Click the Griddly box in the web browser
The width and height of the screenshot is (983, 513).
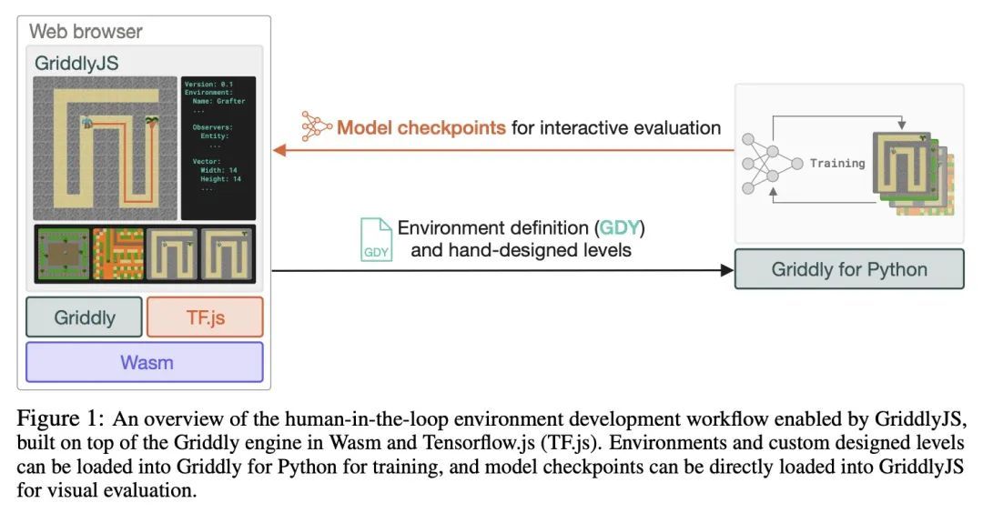tap(84, 317)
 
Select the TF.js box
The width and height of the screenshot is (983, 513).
tap(205, 317)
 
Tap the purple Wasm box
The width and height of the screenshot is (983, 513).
tap(145, 362)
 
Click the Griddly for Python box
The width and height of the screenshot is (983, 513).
tap(848, 269)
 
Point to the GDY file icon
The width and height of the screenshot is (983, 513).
tap(376, 239)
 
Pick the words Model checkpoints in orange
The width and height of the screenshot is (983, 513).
tap(421, 128)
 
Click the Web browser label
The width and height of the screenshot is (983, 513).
tap(86, 31)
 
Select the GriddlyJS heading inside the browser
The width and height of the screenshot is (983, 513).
tap(76, 63)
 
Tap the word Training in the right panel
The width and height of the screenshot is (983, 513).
tap(836, 163)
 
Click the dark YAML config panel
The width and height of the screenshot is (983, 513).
tap(218, 147)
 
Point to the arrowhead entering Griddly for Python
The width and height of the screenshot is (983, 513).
tap(726, 270)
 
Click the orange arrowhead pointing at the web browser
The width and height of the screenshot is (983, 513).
tap(279, 151)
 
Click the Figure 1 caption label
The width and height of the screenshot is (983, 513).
tap(56, 419)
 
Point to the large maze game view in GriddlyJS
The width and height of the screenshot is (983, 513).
tap(105, 147)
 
